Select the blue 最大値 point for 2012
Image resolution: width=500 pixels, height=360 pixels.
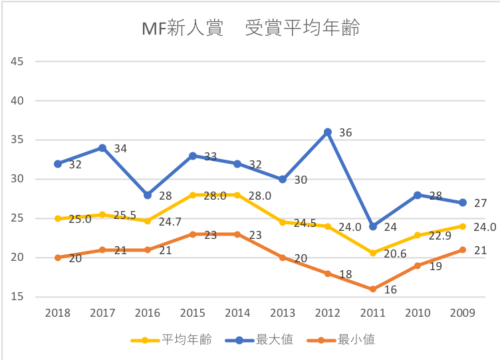(328, 132)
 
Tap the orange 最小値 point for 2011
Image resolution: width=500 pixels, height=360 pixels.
(373, 289)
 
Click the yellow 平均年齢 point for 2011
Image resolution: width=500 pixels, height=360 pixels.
(373, 253)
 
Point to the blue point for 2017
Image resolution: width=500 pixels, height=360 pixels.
(102, 148)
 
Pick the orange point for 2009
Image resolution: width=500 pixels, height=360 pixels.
(463, 250)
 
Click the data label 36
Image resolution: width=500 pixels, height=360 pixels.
(345, 132)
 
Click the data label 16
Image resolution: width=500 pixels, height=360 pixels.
(391, 289)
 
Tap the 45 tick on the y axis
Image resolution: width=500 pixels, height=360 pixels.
(17, 62)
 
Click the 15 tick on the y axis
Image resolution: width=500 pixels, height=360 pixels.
(17, 297)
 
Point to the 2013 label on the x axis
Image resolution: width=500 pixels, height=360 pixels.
(283, 313)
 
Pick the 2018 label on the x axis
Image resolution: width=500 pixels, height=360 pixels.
(58, 313)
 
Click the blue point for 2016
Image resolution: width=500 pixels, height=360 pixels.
(148, 195)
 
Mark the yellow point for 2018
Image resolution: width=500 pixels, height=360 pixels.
(58, 218)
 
